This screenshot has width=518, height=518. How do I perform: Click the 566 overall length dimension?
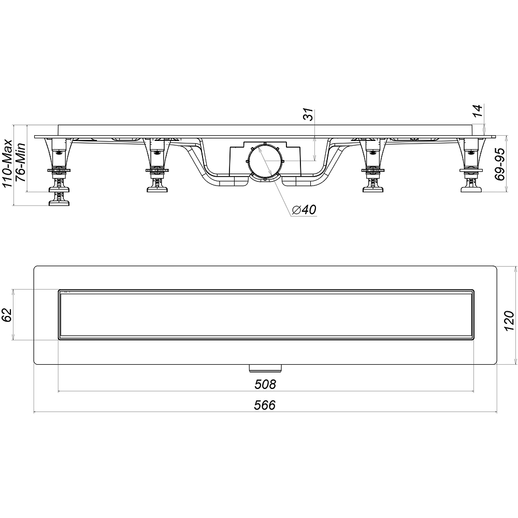point(265,405)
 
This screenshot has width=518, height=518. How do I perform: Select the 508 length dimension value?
point(265,384)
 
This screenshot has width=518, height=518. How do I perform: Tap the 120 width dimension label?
point(509,321)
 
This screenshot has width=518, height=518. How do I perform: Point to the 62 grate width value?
point(7,314)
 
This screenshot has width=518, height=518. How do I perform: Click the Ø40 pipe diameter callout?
point(304,209)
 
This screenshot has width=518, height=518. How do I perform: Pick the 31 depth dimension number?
point(309,115)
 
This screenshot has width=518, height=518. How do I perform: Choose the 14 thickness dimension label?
point(477,110)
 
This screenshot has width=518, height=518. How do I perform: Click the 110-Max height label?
point(7,164)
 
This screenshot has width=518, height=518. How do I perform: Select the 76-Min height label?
point(21,162)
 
